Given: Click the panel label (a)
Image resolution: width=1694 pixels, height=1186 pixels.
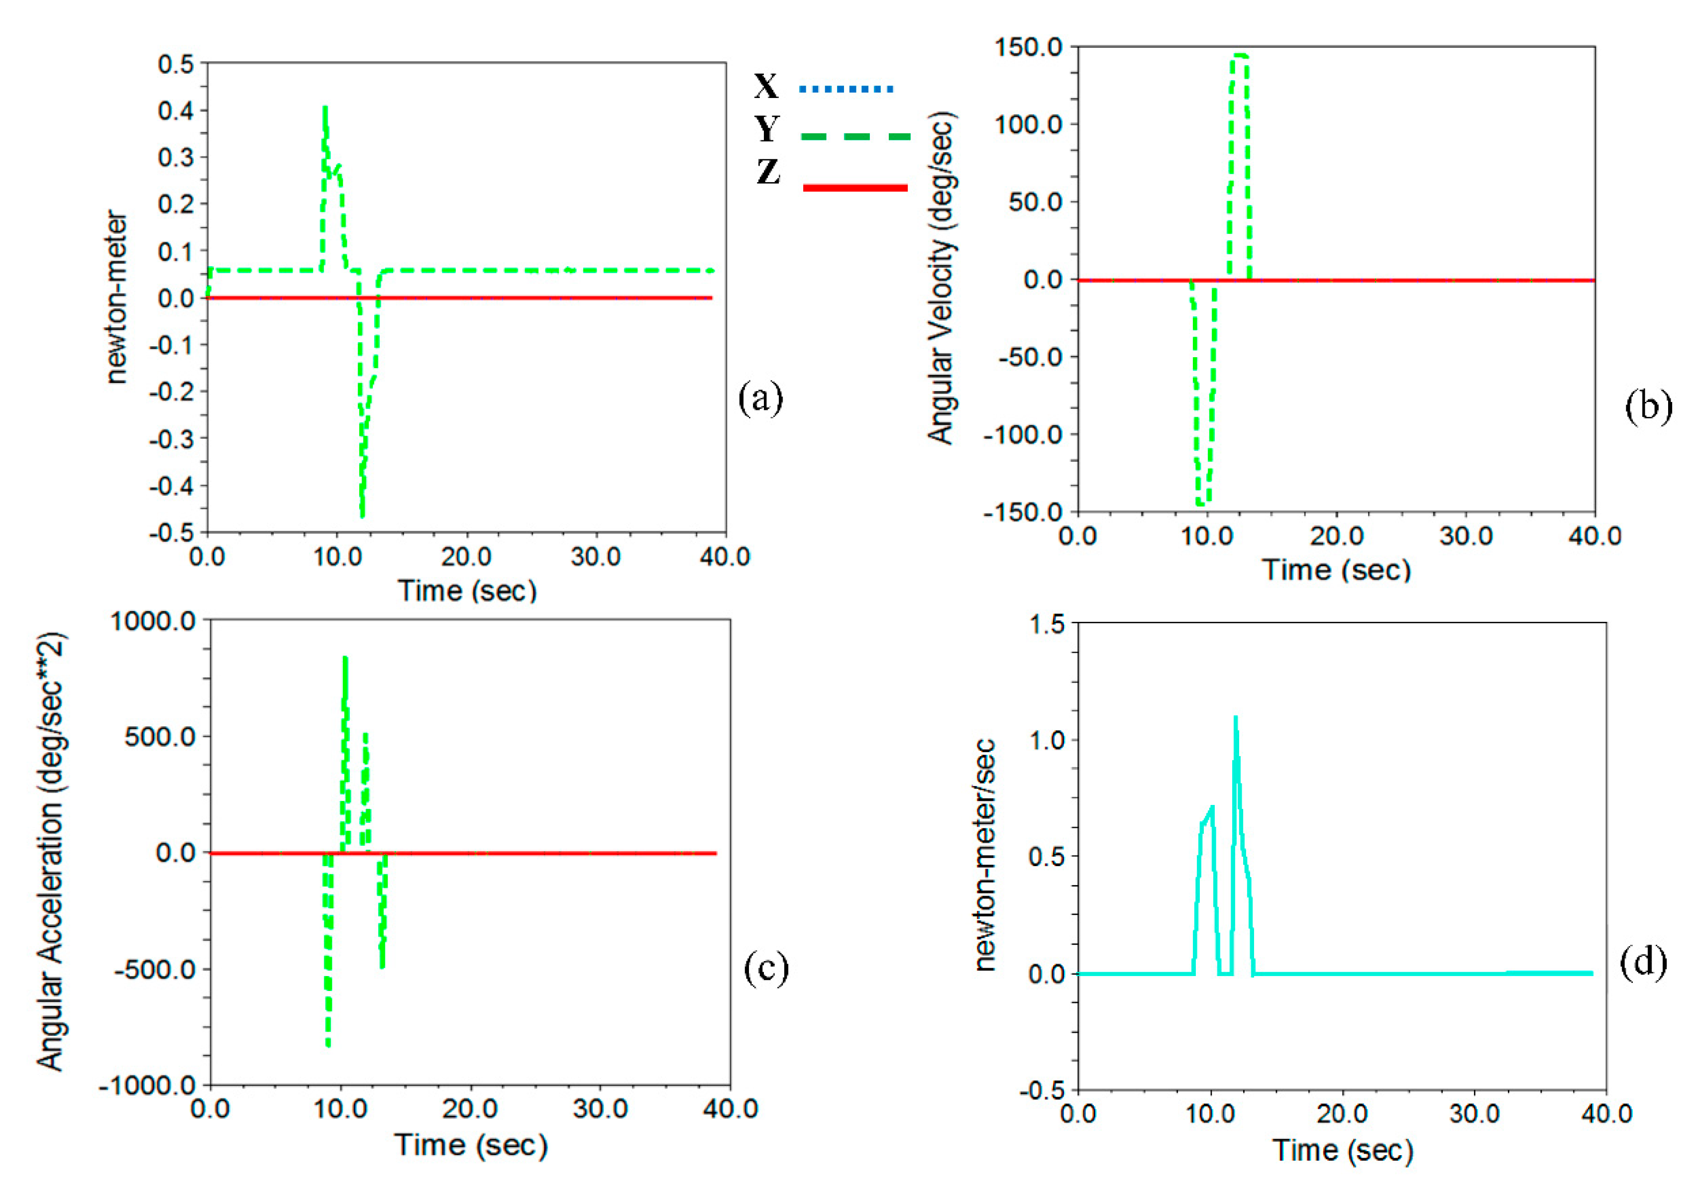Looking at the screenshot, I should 760,398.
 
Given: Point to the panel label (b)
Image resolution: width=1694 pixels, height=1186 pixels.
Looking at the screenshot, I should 1648,406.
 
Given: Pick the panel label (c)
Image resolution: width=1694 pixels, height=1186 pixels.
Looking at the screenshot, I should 766,968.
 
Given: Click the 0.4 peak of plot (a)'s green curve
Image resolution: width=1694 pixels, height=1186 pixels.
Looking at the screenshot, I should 324,109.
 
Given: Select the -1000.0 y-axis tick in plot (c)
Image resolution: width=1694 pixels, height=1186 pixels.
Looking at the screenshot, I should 146,1086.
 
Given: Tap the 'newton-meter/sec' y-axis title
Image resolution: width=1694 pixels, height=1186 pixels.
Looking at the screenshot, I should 985,856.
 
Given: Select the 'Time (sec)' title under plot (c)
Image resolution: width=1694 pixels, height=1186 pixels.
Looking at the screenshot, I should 471,1145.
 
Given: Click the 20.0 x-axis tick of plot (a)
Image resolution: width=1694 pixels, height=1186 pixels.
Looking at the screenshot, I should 466,556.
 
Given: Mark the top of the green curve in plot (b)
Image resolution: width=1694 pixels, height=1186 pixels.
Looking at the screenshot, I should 1240,55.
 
